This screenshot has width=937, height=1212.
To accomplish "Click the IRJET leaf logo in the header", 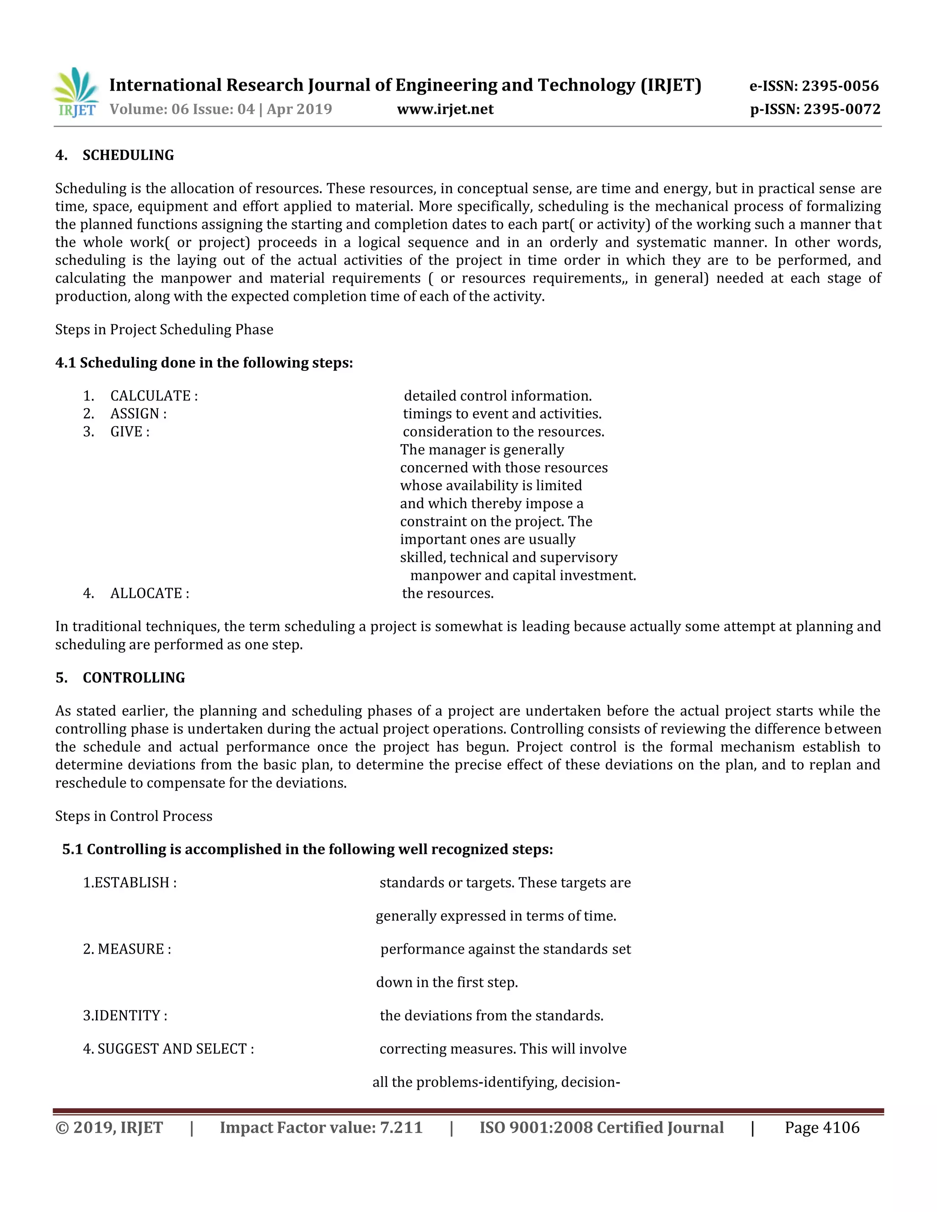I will point(76,92).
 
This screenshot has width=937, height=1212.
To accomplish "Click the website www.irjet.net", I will point(445,109).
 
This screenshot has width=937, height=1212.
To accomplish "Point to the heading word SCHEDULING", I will point(128,155).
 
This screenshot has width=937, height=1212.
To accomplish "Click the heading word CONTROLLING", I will point(134,678).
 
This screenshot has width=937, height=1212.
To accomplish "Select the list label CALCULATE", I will point(151,396).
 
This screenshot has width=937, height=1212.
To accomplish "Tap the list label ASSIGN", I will point(135,413).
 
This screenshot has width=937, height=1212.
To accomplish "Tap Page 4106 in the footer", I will point(822,1128).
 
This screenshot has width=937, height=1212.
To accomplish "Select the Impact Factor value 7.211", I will point(401,1128).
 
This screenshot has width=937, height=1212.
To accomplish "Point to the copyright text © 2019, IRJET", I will point(109,1128).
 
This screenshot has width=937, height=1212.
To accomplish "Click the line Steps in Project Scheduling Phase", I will point(164,330).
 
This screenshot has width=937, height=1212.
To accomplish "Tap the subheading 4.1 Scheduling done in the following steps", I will point(204,363).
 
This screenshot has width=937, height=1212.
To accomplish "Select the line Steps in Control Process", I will point(134,816).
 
